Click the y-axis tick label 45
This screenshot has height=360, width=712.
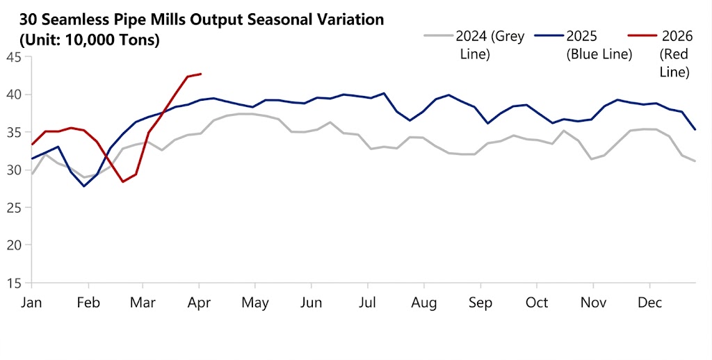coord(13,57)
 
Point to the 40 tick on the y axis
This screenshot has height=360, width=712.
coord(13,95)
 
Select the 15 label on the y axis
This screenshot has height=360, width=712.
coord(13,283)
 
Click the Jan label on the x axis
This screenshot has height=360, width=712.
coord(31,303)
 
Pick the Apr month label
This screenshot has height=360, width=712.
coord(200,303)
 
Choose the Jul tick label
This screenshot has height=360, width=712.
coord(367,303)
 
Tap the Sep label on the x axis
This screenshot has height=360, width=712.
coord(480,303)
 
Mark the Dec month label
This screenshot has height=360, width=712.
coord(649,303)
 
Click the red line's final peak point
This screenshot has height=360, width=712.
coord(201,74)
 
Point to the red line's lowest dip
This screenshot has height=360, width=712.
coord(123,181)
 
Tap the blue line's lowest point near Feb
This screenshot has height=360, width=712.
coord(84,186)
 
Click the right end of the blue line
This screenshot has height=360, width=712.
coord(695,129)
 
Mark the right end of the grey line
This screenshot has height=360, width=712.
coord(695,161)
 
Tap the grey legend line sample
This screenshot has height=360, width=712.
coord(437,36)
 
